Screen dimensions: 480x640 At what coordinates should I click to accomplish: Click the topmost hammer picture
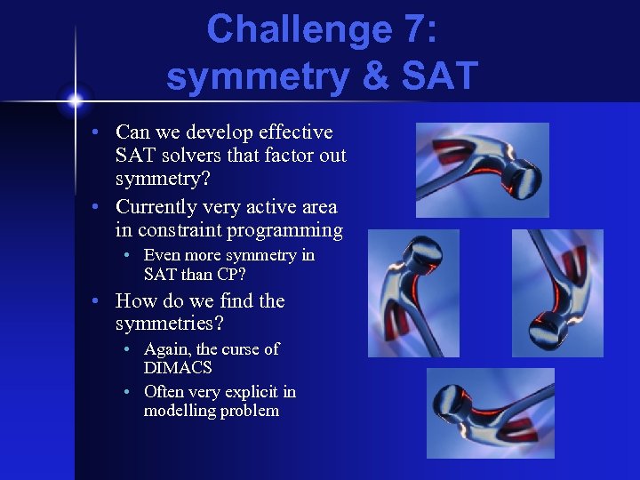(x=482, y=170)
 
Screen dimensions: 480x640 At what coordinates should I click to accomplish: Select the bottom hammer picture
(x=490, y=412)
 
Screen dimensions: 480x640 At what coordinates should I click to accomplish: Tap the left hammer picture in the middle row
(x=413, y=292)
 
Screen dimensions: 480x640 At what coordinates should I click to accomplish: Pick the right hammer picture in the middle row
(x=557, y=292)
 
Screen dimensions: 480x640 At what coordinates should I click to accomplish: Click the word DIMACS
(x=178, y=367)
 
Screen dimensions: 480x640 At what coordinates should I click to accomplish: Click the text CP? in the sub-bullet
(x=228, y=273)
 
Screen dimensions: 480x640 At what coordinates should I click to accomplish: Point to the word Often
(x=165, y=392)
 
